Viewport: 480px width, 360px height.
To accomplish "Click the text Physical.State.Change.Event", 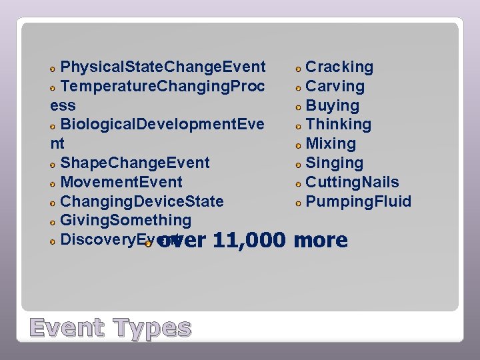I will [x=163, y=67].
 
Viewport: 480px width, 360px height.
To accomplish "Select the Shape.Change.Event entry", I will [x=135, y=163].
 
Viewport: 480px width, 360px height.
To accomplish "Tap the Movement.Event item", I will [x=121, y=183].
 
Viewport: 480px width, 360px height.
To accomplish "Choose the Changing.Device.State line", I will [x=141, y=201].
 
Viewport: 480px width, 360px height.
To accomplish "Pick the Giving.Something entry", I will [x=125, y=220].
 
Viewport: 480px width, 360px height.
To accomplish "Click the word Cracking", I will [x=339, y=67].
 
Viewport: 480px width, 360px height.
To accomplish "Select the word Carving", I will [x=335, y=87].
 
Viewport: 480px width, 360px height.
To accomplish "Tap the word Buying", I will [x=332, y=106].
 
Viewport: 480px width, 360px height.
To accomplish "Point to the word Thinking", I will [x=338, y=125].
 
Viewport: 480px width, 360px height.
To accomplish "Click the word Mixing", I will [x=331, y=144].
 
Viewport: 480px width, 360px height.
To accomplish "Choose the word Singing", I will [x=334, y=163].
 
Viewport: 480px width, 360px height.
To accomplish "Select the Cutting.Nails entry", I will [x=352, y=182].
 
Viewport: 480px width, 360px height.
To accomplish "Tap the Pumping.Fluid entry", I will [x=358, y=201].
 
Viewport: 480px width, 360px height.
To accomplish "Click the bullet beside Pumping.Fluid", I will [x=299, y=203].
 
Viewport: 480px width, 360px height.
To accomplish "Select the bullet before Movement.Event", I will [x=53, y=183].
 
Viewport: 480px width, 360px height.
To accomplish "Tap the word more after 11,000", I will [x=321, y=240].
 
